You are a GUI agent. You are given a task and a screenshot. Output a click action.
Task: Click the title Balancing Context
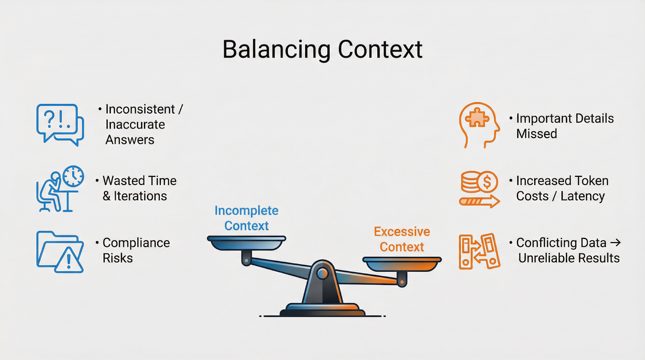[322, 50]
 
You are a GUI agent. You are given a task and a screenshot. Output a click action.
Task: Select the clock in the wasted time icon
[73, 176]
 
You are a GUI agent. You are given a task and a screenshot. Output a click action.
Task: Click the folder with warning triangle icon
[60, 252]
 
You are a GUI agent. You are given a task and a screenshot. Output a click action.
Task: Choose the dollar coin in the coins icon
[487, 182]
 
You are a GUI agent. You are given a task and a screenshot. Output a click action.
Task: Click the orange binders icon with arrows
[479, 252]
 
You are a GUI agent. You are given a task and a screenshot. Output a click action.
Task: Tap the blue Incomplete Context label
[246, 218]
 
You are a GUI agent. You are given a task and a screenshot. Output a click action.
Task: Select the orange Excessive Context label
[402, 239]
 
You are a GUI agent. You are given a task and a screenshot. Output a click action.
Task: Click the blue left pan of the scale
[246, 242]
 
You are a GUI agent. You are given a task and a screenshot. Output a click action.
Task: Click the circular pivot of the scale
[322, 274]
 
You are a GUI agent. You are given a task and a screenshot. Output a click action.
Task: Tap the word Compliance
[136, 243]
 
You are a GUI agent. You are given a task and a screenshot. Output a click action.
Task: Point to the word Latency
[583, 196]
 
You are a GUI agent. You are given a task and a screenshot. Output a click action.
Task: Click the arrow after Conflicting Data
[615, 243]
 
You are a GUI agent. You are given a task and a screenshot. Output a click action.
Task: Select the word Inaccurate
[135, 125]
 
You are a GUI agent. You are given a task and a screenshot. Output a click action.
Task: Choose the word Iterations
[140, 196]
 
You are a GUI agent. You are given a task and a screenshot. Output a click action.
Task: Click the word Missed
[537, 134]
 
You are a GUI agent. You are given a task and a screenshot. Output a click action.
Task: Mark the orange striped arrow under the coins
[479, 201]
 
